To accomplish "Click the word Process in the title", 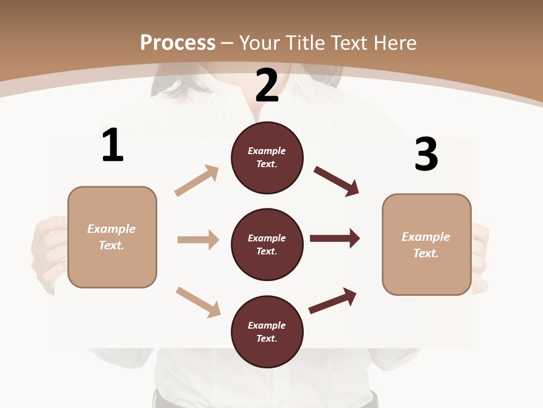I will point(178,42).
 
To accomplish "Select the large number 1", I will point(113,146).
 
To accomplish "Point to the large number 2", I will point(267,85).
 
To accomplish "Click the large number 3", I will point(426,154).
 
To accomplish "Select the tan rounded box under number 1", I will point(112,237).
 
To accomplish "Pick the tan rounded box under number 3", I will point(426,245).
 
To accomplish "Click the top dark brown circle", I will point(267,158).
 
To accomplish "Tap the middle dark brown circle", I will point(267,245).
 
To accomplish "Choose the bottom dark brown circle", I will point(267,332).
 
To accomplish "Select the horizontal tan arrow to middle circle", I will point(198,240).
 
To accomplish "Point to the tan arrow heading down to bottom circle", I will point(198,301).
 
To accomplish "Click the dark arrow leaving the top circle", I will point(337,181).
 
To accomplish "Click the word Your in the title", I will point(261,42).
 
